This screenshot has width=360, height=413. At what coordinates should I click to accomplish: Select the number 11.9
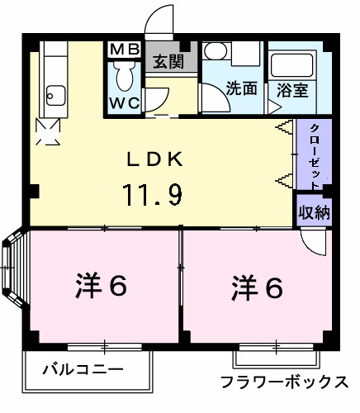tap(154, 196)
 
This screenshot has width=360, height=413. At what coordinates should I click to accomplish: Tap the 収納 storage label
tap(315, 211)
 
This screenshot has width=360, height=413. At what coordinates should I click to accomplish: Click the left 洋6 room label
tap(97, 287)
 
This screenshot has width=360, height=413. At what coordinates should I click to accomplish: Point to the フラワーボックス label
tap(284, 382)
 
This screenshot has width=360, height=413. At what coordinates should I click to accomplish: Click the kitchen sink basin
tap(57, 94)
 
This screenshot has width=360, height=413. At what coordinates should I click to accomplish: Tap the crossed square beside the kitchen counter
tap(47, 130)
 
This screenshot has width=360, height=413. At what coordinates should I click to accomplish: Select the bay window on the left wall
tap(13, 269)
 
